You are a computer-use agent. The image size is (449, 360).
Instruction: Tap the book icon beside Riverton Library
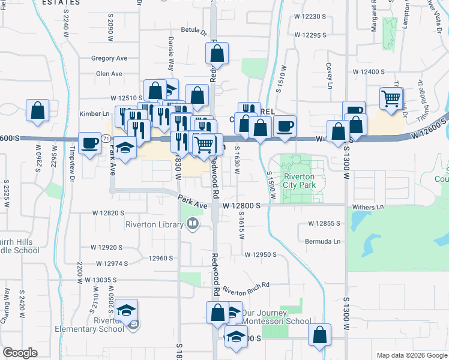[193, 225]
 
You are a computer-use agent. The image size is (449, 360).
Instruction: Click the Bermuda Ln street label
[324, 241]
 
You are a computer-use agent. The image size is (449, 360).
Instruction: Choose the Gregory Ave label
[109, 58]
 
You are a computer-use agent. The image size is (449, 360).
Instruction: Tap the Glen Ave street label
[109, 74]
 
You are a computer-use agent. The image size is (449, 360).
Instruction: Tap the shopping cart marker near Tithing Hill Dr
[392, 98]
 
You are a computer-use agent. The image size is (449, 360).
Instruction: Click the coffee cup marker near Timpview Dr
[90, 143]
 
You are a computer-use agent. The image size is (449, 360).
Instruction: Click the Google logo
[20, 352]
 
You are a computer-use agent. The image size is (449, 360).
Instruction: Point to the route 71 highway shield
[106, 139]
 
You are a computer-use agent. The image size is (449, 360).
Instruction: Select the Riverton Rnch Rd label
[247, 289]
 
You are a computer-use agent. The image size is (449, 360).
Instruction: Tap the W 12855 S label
[324, 223]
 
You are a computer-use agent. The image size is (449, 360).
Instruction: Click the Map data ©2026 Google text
[411, 355]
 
